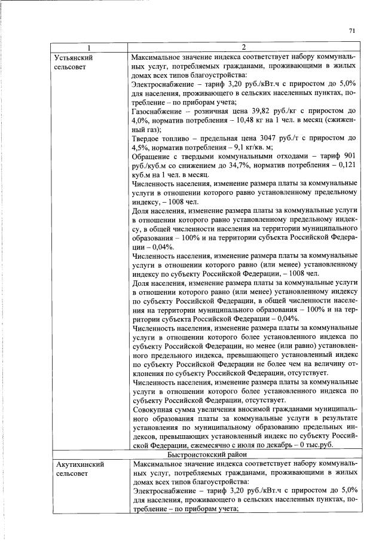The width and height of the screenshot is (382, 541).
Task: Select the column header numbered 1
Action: pos(88,47)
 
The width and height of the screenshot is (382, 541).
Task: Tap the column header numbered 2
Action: pos(245,47)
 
